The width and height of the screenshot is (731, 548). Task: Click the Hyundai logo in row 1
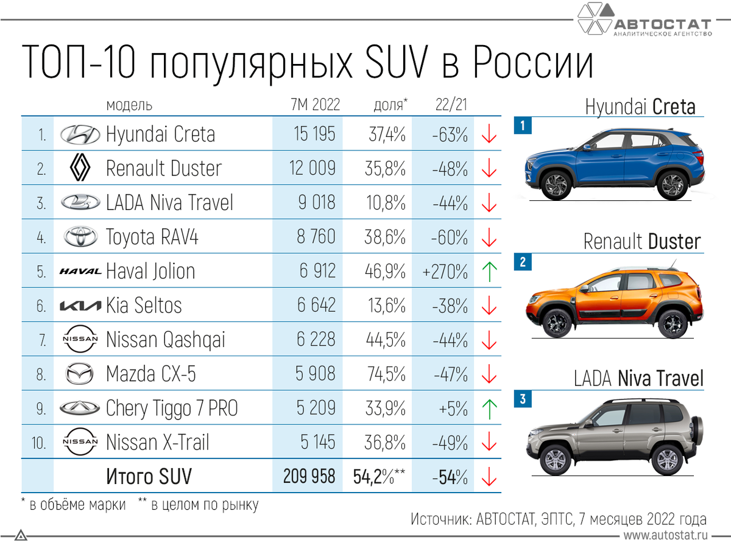80,135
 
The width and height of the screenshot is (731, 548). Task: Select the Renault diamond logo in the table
80,168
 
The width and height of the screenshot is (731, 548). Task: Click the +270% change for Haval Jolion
445,272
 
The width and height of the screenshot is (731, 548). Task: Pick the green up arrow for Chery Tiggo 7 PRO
489,409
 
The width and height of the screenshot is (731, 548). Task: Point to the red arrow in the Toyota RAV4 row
489,237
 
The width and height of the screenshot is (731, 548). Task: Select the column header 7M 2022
315,105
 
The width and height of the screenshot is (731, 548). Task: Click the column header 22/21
451,105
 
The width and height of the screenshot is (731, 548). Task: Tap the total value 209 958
309,476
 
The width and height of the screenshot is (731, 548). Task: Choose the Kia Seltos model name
144,305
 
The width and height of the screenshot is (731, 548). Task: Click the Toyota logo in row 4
80,237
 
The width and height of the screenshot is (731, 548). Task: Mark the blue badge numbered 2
522,263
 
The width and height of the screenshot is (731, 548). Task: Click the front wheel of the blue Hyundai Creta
555,184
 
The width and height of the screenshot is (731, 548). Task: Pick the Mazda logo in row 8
80,374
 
